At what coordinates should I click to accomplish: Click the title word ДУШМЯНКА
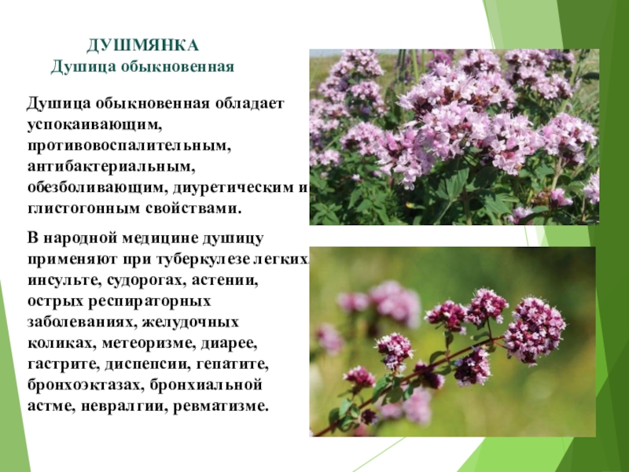click(x=142, y=46)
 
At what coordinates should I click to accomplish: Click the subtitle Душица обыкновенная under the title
click(x=142, y=67)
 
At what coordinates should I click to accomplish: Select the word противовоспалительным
click(x=129, y=146)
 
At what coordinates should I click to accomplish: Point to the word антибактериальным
click(x=111, y=167)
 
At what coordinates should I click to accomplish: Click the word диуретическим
click(x=233, y=188)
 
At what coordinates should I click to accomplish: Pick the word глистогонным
click(x=84, y=209)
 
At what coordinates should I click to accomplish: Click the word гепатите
click(x=232, y=364)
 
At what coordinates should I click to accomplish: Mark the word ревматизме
click(x=220, y=406)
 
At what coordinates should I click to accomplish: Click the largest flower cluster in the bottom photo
click(x=535, y=330)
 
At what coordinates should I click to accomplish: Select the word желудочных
click(x=190, y=323)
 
